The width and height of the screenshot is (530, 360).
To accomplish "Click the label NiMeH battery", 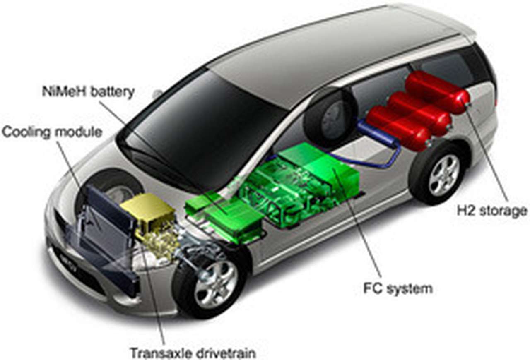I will click(x=88, y=91).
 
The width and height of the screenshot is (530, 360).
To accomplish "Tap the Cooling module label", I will click(x=52, y=132).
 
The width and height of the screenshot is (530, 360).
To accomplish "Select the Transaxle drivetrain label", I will click(x=193, y=353).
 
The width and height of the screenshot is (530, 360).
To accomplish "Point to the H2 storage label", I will click(x=492, y=211).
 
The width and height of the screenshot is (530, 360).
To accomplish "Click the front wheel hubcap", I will click(x=216, y=283).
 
